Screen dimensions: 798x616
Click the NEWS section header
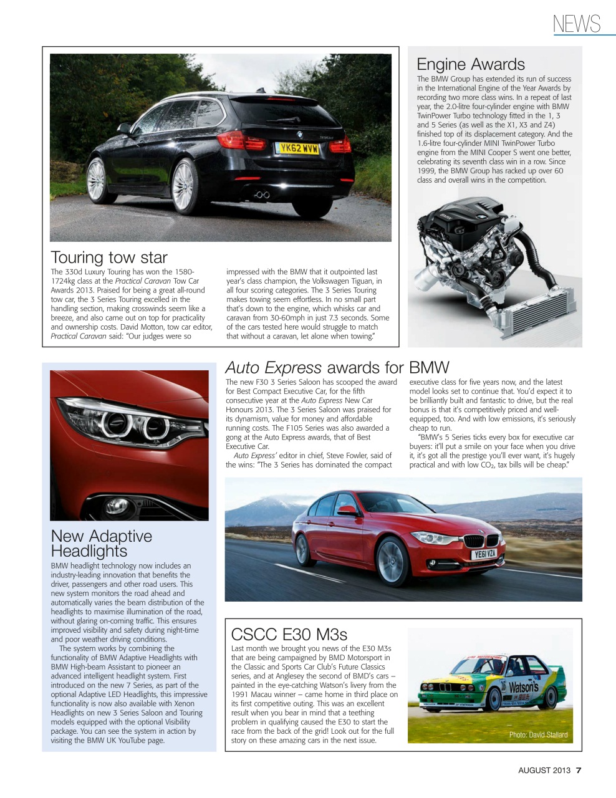pyautogui.click(x=577, y=24)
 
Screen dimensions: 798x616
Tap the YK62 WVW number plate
pyautogui.click(x=298, y=148)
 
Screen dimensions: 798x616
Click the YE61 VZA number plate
pyautogui.click(x=485, y=554)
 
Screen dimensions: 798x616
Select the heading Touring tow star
pyautogui.click(x=109, y=257)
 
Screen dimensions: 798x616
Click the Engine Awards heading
pyautogui.click(x=471, y=64)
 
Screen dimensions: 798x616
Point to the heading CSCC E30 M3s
pyautogui.click(x=289, y=634)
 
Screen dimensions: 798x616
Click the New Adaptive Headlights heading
pyautogui.click(x=101, y=544)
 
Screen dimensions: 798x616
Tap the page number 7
pyautogui.click(x=579, y=770)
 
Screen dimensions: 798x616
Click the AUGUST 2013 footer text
pyautogui.click(x=544, y=770)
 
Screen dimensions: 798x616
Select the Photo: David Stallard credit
pyautogui.click(x=538, y=734)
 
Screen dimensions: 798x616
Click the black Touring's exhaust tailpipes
pyautogui.click(x=262, y=195)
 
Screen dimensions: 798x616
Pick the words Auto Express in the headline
pyautogui.click(x=273, y=368)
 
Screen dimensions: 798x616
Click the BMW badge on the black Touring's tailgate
pyautogui.click(x=299, y=134)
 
